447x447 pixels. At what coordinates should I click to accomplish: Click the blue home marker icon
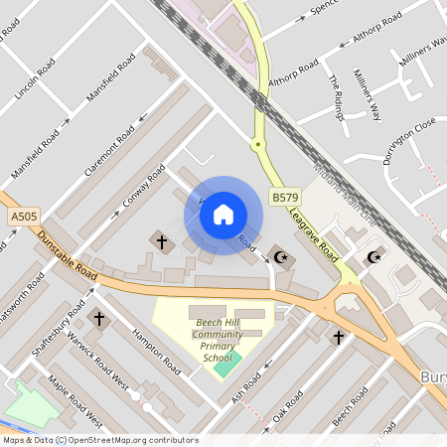pos(223,216)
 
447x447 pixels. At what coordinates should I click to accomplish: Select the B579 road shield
pos(285,199)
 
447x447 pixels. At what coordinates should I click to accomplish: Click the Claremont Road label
pos(109,154)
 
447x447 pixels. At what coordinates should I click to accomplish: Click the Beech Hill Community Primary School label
pos(219,340)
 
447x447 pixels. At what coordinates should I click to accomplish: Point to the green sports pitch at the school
pos(226,365)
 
